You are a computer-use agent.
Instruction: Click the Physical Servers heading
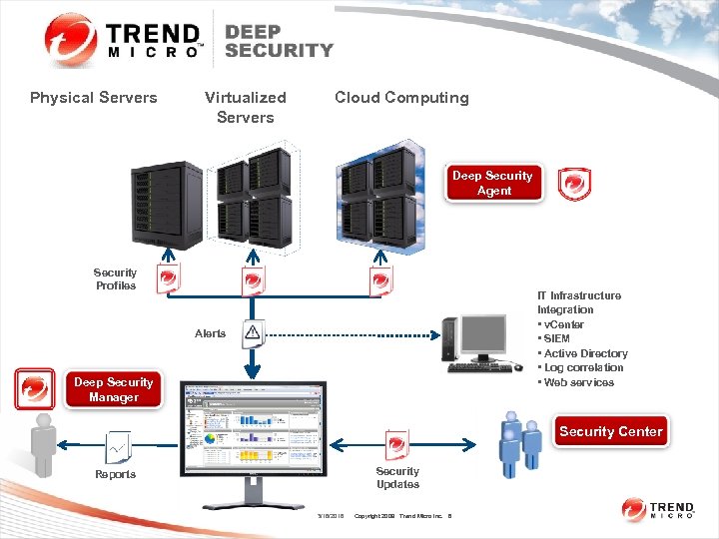pos(94,98)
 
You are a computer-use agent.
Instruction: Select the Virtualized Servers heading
pos(245,107)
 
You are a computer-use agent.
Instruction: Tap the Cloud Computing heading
pos(401,98)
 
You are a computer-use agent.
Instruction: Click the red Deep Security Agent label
pos(493,184)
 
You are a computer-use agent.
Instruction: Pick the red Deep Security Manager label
pos(113,389)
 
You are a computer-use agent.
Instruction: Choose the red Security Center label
pos(610,431)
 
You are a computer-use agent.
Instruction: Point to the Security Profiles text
pos(116,279)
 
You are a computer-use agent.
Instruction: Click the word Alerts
pos(210,333)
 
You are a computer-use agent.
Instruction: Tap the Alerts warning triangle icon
pos(253,332)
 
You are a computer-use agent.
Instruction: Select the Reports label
pos(116,474)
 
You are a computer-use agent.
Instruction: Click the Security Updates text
pos(397,477)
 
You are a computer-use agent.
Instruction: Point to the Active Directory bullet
pos(583,353)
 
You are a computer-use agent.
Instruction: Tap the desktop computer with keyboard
pos(480,344)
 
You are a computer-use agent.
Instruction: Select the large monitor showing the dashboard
pos(252,435)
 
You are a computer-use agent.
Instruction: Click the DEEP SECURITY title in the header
pos(279,40)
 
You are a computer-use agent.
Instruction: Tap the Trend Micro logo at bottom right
pos(658,510)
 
